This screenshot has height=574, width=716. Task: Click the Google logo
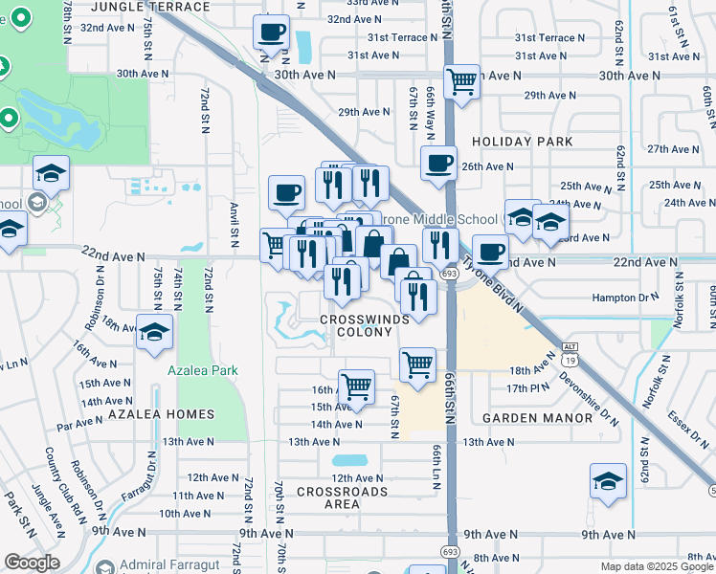point(32,563)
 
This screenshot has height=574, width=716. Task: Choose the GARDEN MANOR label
point(537,418)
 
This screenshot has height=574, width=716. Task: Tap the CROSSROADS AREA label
point(342,497)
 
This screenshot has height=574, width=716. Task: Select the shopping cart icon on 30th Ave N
point(461,81)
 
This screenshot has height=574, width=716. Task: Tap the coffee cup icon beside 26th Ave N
point(438,164)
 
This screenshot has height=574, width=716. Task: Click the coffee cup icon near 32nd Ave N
point(271,33)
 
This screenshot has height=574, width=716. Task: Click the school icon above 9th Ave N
point(608,483)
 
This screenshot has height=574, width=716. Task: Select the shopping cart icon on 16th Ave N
point(356,387)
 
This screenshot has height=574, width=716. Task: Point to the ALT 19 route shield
point(569,354)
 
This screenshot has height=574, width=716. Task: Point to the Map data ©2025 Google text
point(656,566)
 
